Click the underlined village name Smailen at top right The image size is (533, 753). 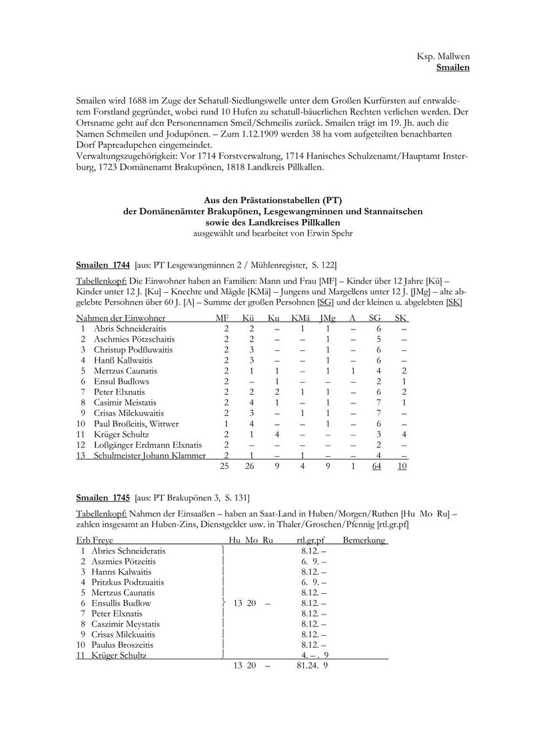(453, 68)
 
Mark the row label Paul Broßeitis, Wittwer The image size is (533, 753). (136, 423)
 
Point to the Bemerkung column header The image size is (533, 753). (364, 540)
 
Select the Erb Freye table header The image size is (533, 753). (95, 540)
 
